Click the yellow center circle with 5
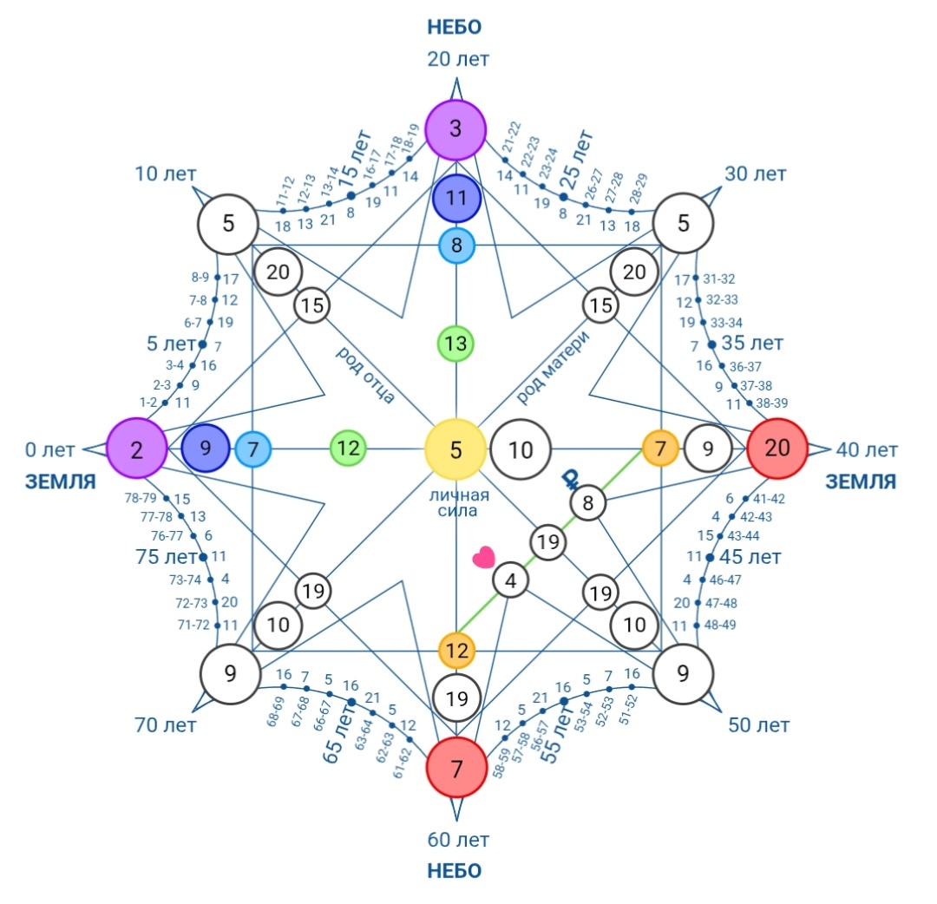point(455,449)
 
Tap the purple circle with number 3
point(455,129)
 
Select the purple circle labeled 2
point(137,449)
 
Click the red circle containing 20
point(776,449)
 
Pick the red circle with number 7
point(456,767)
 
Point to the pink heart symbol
point(483,557)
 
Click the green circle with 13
point(456,344)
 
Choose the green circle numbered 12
point(349,449)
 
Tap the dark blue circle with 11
point(456,198)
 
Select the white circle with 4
point(510,580)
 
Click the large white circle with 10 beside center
point(520,449)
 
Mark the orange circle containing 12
point(456,650)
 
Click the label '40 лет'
point(867,450)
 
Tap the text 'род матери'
point(552,366)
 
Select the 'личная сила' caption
point(458,502)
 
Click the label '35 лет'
point(751,343)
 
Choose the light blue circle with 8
point(456,245)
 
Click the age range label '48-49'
point(720,625)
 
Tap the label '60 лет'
point(458,840)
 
